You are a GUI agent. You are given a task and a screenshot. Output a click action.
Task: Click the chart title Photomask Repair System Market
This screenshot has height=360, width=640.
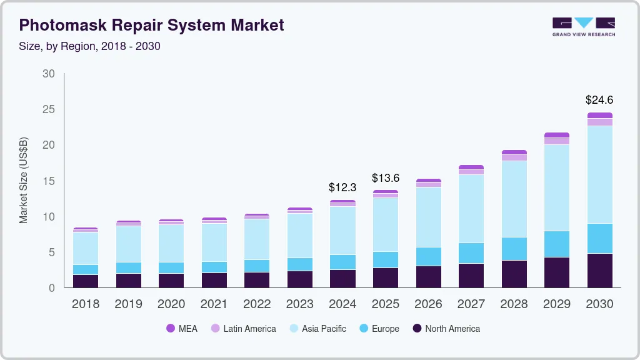[x=151, y=25]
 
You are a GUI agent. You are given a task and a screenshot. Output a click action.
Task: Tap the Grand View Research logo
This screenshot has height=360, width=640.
[x=583, y=26]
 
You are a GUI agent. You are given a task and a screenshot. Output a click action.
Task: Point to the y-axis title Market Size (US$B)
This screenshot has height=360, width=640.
[x=24, y=180]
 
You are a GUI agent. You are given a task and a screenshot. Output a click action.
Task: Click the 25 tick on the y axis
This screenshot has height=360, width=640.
[x=48, y=109]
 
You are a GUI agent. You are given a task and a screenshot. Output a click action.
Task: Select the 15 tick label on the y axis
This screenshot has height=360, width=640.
[x=48, y=181]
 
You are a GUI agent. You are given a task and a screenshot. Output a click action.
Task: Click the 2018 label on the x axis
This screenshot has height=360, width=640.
[x=85, y=304]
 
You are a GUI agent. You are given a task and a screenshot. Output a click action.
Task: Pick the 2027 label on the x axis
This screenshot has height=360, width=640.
[x=471, y=304]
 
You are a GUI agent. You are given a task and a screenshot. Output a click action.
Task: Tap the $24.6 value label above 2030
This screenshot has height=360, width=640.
[x=599, y=99]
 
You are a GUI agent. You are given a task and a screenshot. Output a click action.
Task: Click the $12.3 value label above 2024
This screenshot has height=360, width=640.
[x=342, y=187]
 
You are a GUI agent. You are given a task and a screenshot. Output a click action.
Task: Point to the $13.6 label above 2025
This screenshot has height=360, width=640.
[x=386, y=178]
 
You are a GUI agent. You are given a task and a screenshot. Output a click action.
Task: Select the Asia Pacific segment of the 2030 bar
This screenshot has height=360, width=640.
[x=600, y=174]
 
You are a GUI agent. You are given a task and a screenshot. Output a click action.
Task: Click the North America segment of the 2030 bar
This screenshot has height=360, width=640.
[x=600, y=270]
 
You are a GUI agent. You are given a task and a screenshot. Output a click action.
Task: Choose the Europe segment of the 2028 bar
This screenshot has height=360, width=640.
[x=514, y=249]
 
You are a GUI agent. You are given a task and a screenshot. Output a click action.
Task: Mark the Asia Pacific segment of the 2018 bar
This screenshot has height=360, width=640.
[x=86, y=248]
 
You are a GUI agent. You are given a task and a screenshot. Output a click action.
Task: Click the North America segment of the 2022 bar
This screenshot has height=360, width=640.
[x=257, y=279]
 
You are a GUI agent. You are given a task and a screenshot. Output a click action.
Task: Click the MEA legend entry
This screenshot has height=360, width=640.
[x=182, y=329]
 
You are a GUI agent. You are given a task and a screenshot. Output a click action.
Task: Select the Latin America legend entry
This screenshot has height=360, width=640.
[x=243, y=329]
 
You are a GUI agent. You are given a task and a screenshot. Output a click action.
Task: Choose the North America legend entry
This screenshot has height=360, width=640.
[x=446, y=329]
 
